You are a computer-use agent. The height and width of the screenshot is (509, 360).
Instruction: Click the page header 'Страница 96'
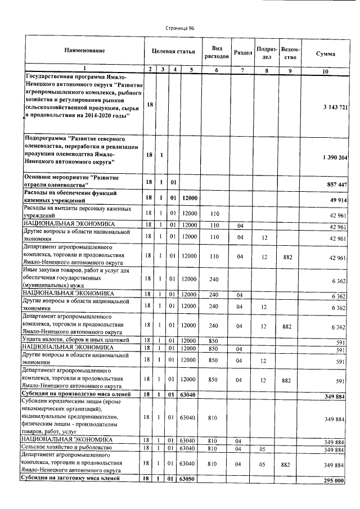click(179, 28)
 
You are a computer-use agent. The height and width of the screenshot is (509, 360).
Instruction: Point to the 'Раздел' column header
click(242, 52)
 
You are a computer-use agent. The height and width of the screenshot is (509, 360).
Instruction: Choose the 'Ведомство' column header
click(290, 52)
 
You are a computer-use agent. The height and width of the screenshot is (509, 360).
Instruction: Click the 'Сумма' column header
click(326, 53)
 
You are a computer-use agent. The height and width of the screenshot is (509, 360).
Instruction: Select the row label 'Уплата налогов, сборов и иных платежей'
click(75, 340)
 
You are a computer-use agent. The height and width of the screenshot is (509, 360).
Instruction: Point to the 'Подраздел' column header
click(267, 52)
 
